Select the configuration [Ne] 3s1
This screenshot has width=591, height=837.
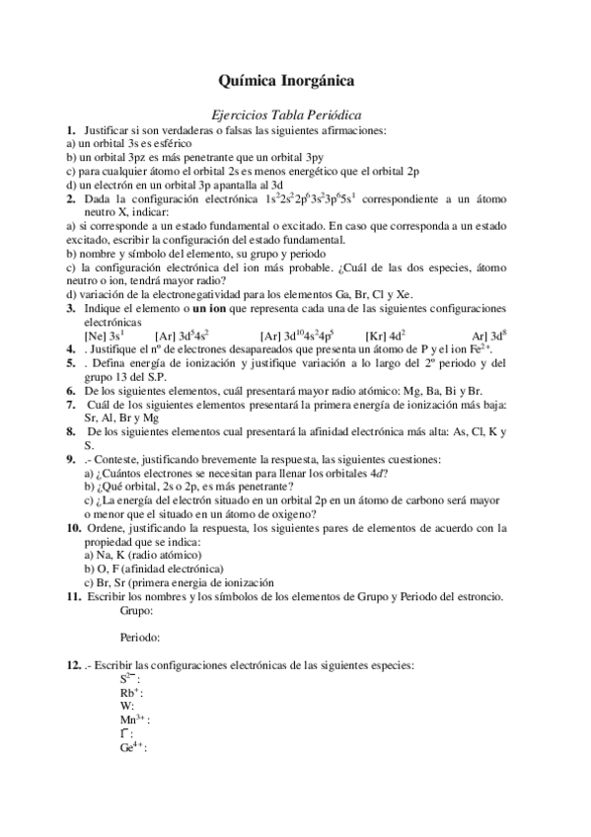104,335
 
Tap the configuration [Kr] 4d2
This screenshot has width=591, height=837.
385,335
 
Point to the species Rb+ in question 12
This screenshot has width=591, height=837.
130,693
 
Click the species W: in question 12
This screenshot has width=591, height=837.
127,706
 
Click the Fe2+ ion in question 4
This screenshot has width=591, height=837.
479,348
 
